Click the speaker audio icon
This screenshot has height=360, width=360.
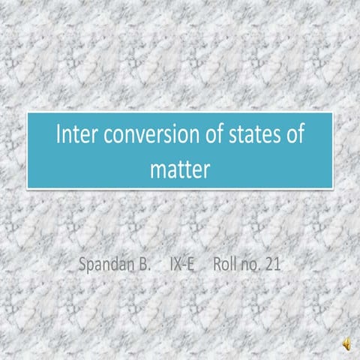pos(346,343)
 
